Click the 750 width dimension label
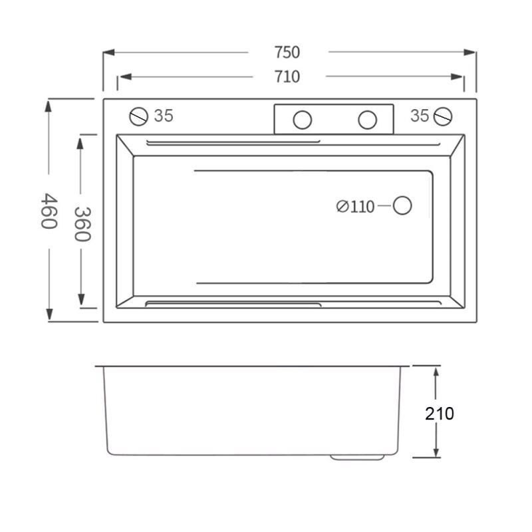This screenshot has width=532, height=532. [287, 53]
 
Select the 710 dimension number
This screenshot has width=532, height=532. [287, 76]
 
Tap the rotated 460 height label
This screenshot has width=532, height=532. [49, 211]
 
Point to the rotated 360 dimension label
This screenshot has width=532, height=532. [82, 224]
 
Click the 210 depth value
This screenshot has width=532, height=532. [440, 414]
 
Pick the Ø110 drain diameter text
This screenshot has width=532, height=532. [355, 206]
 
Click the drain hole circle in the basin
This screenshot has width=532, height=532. [402, 205]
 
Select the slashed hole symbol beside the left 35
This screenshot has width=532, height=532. [139, 116]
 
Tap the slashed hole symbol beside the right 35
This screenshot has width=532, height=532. [443, 116]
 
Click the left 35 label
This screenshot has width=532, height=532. [164, 116]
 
